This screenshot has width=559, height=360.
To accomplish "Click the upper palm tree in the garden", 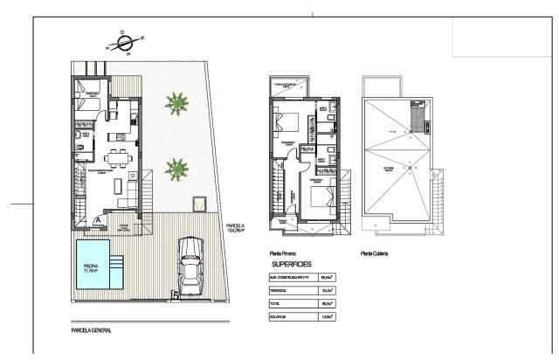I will pyautogui.click(x=177, y=104).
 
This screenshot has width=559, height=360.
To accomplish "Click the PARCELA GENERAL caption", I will pyautogui.click(x=92, y=331).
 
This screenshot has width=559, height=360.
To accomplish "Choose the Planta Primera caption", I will pyautogui.click(x=287, y=254).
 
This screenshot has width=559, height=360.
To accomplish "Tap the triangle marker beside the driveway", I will pyautogui.click(x=200, y=205).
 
